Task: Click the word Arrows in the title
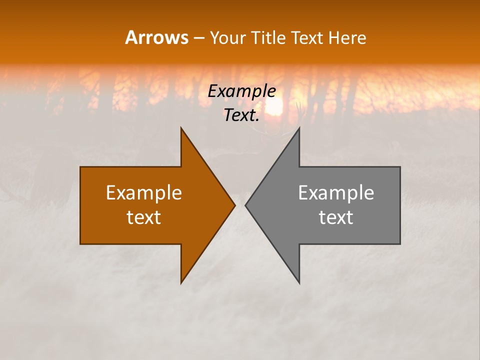156,37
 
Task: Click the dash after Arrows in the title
198,38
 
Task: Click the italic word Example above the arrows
242,91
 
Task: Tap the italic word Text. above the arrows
242,115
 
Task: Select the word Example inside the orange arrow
144,192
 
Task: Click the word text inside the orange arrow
144,217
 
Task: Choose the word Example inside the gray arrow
336,192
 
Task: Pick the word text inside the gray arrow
336,217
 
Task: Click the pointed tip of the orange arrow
234,205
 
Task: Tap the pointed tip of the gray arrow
245,205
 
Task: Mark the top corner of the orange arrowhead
181,128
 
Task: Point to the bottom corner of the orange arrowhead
181,282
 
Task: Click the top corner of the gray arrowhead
299,128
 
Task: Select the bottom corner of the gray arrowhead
299,282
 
